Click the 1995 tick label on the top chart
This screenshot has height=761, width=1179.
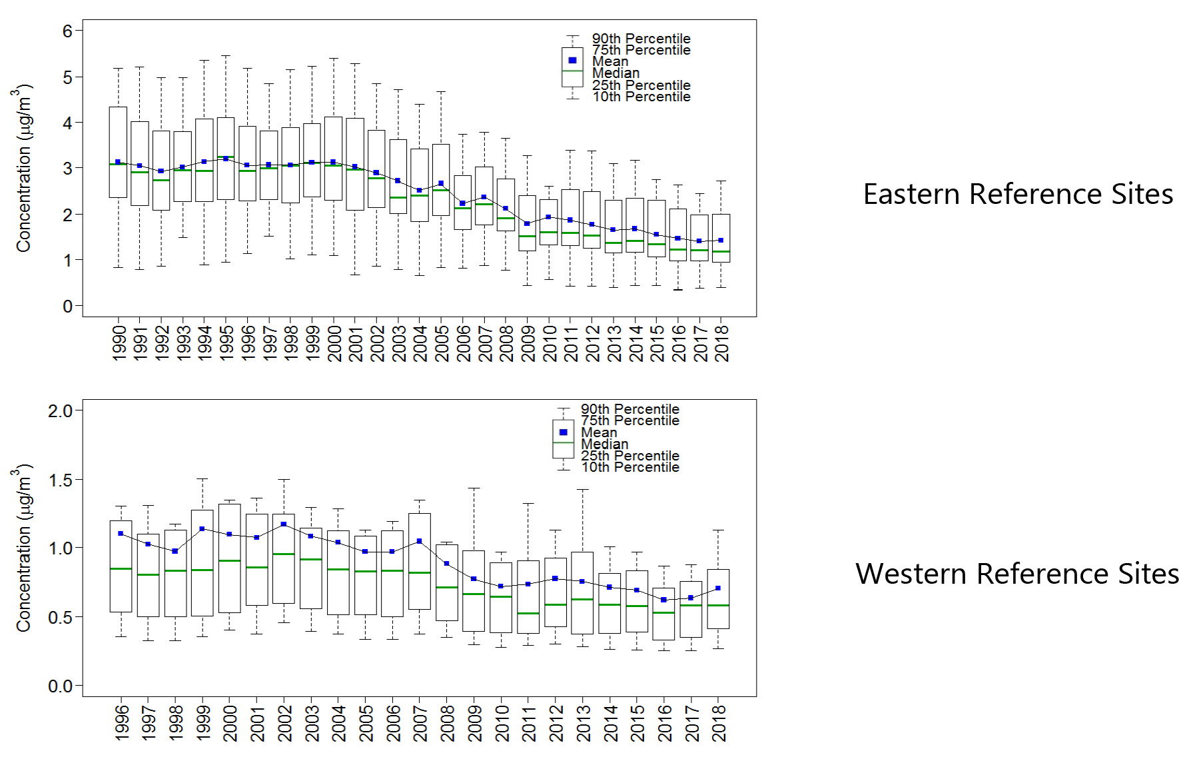coord(226,343)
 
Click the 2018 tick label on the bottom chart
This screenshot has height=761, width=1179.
coord(719,723)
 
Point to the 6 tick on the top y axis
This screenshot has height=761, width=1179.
coord(68,31)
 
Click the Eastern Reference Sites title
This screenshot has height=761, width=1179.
coord(1018,195)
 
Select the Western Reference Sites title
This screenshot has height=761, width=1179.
coord(1016,574)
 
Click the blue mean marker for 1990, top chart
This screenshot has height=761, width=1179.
coord(118,162)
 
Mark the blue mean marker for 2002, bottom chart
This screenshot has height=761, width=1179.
coord(284,524)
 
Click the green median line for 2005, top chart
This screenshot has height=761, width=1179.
coord(440,190)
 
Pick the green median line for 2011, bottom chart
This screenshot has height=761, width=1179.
coord(528,613)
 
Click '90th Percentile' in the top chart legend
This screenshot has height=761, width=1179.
coord(641,39)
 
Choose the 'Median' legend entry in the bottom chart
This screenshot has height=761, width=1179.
coord(604,444)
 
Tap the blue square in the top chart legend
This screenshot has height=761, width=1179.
coord(572,61)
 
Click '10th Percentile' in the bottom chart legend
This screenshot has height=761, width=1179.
coord(629,467)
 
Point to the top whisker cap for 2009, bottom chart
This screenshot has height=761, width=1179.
coord(474,488)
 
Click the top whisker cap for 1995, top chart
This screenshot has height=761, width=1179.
coord(226,56)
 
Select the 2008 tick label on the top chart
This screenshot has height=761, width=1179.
coord(506,343)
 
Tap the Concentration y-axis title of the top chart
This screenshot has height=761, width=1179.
coord(23,168)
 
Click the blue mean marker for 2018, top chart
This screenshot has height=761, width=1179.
coord(721,241)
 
